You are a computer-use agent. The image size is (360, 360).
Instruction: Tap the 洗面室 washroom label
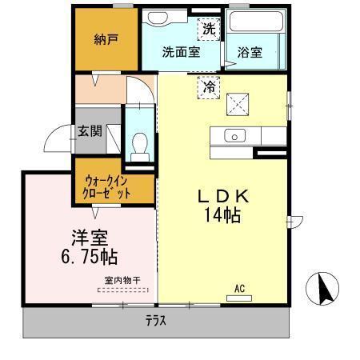pos(180,52)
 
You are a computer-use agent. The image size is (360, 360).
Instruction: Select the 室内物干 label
pos(122,280)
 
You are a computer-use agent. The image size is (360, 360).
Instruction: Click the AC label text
pos(239,289)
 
